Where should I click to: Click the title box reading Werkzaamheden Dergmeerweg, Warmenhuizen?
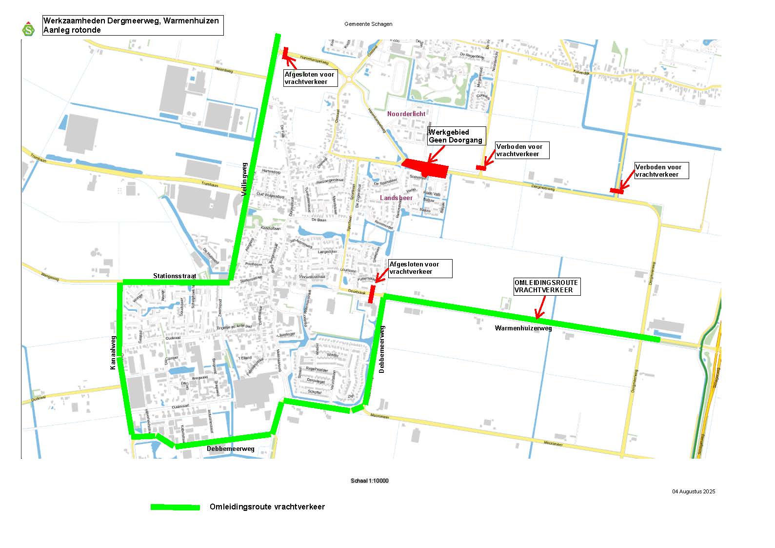pos(133,25)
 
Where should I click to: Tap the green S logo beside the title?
pos(29,29)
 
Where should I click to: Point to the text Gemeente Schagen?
pos(368,24)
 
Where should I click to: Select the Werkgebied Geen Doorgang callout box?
pos(456,136)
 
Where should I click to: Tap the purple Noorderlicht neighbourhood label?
pos(406,114)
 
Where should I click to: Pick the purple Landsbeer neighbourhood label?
pos(397,198)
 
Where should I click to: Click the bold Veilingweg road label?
pos(245,180)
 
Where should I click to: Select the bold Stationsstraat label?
pos(174,276)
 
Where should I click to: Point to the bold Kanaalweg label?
pos(113,352)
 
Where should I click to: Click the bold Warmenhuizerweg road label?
pos(523,328)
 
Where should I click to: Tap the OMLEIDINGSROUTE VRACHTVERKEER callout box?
pos(546,286)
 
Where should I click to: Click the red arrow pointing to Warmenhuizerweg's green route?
pos(540,307)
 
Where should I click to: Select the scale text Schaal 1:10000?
pos(369,481)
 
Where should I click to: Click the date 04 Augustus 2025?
pos(693,491)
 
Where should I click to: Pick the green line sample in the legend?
pos(175,507)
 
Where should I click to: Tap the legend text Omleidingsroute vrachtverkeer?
pos(267,507)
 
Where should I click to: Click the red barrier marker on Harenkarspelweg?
pos(286,53)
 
